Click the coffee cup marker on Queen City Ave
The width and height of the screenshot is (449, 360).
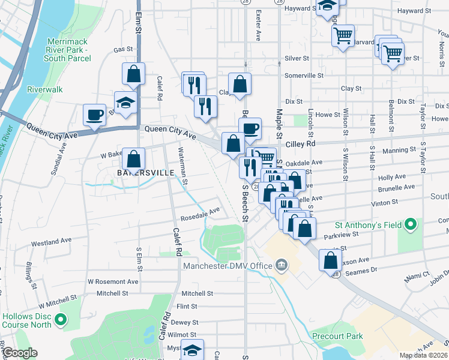[x=94, y=114]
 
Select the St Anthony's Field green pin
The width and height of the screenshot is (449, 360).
[x=411, y=225]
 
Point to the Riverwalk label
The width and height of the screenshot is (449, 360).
[x=45, y=89]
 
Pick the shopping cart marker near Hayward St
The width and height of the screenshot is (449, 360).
[x=343, y=36]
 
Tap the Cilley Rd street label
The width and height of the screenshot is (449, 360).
[x=303, y=144]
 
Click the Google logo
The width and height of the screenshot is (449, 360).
[x=19, y=353]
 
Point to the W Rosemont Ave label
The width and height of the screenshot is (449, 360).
[x=113, y=281]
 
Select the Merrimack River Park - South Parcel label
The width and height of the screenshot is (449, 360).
[x=68, y=54]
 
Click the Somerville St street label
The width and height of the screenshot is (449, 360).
[x=304, y=76]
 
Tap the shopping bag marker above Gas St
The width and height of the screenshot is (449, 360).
[x=133, y=74]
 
